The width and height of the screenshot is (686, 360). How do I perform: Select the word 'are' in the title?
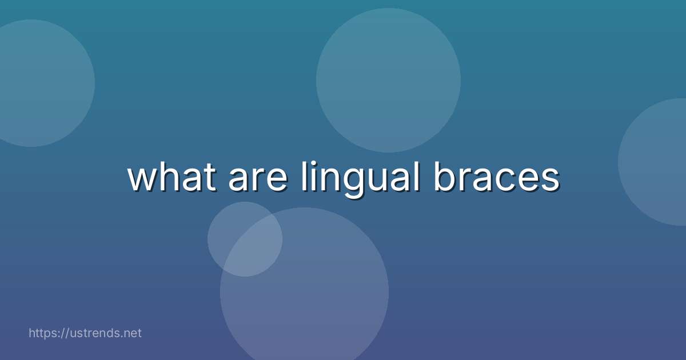click(x=257, y=181)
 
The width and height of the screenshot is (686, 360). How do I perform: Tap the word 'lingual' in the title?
click(x=358, y=179)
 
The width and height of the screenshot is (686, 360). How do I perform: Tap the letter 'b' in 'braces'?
click(x=444, y=177)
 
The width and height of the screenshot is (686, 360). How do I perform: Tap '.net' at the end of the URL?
click(x=130, y=333)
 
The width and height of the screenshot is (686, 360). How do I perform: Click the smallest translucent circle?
click(x=245, y=239)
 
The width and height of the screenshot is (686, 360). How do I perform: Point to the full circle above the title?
click(x=388, y=81)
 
